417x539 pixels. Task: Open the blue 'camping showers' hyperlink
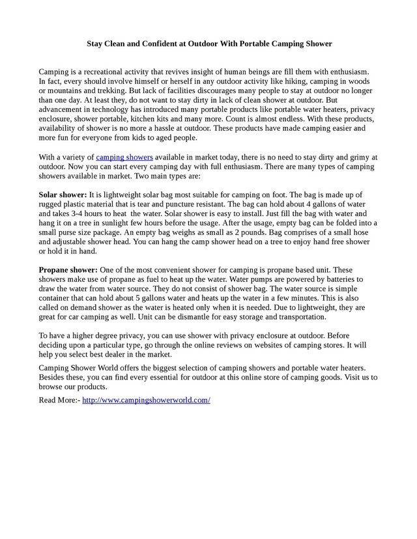pos(124,157)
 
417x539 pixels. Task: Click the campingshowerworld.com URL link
pos(146,400)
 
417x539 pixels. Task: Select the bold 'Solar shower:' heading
pos(63,195)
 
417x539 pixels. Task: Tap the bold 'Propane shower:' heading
pos(68,269)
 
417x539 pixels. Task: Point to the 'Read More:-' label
pos(59,400)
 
